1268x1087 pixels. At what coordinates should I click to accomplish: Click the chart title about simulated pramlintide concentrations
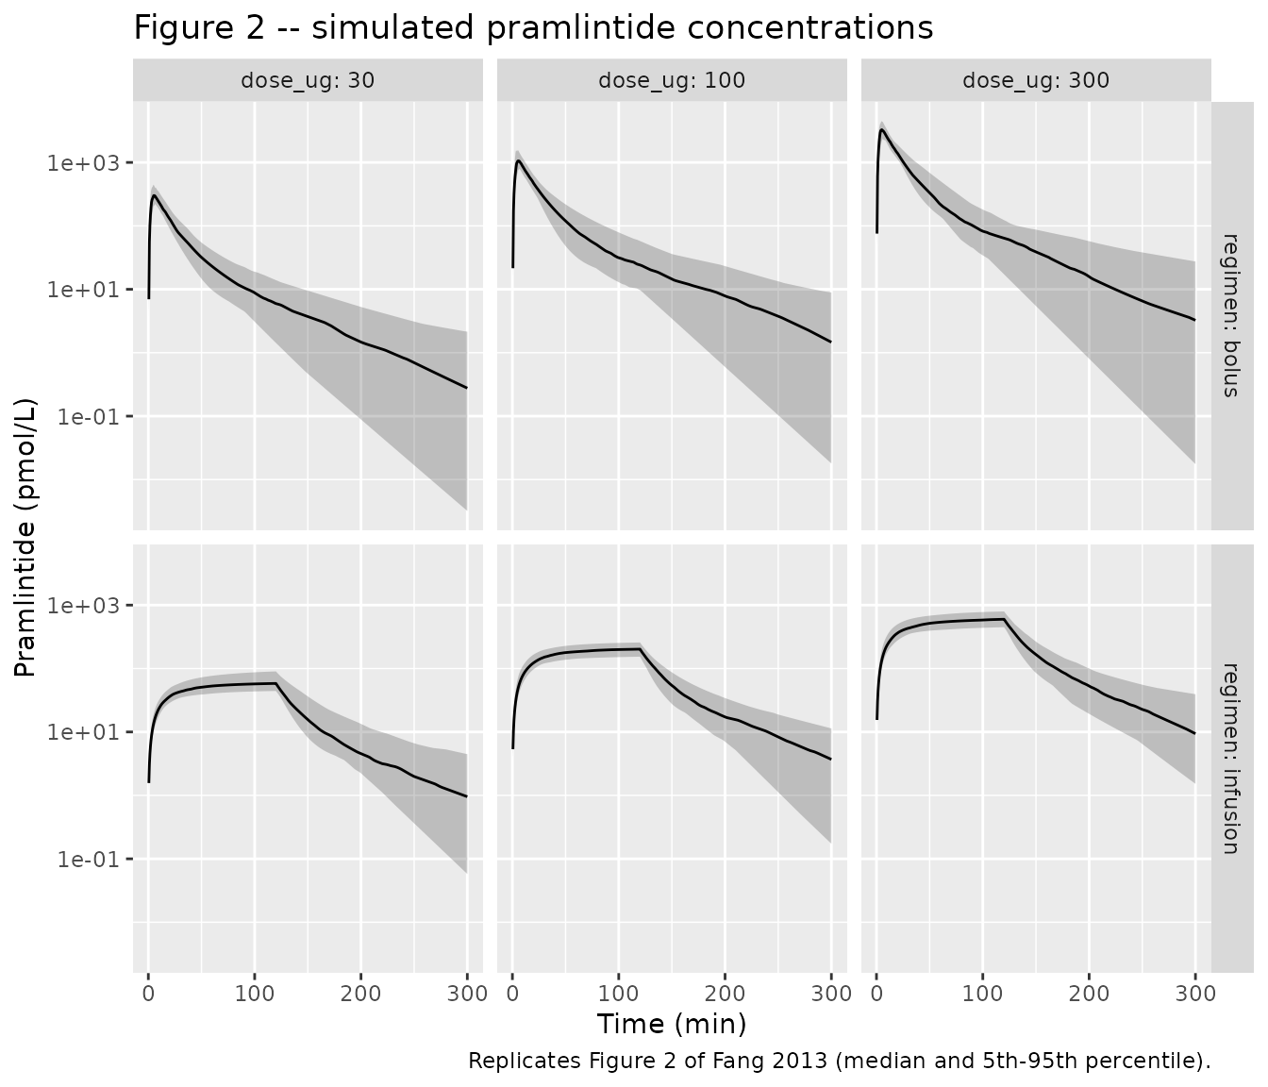coord(533,28)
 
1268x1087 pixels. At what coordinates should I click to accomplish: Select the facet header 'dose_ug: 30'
coord(308,80)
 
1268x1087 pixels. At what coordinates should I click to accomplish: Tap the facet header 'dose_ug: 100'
coord(672,80)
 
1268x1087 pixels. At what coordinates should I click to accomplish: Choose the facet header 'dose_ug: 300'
coord(1036,80)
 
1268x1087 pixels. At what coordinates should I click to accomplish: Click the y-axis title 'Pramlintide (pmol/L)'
coord(25,537)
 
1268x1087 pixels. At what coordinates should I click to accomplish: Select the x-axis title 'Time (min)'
coord(672,1024)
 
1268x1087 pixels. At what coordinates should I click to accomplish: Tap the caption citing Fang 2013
coord(839,1061)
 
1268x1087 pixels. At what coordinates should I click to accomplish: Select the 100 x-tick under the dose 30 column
coord(254,994)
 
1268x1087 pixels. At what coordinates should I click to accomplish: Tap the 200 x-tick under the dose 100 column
coord(725,994)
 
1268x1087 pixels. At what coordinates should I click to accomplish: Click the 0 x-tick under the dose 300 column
coord(876,994)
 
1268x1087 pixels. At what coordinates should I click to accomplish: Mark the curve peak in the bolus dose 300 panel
coord(881,129)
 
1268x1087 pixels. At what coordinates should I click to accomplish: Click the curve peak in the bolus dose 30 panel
coord(154,195)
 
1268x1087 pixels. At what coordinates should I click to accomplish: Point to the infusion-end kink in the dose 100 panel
coord(640,649)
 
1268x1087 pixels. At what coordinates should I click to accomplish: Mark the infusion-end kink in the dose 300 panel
coord(1004,620)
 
